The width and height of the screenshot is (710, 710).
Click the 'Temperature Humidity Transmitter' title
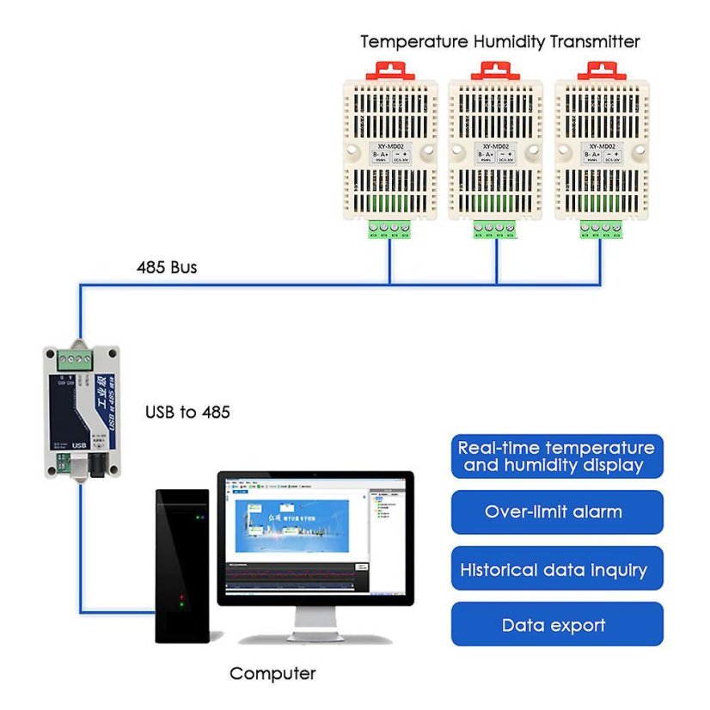(499, 41)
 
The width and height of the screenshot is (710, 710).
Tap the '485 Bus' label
(166, 267)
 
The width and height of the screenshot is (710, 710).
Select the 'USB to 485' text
(187, 413)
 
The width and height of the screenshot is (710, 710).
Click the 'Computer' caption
(272, 674)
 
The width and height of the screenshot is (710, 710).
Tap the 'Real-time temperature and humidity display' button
(556, 456)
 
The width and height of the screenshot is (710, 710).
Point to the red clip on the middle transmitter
(495, 70)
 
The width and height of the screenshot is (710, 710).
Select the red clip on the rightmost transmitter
(601, 70)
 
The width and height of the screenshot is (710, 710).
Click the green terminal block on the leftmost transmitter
(389, 229)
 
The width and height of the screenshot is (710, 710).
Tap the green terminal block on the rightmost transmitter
(601, 229)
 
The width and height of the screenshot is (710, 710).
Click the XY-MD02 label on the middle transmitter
(496, 146)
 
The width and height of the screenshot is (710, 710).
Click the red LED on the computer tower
(181, 596)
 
